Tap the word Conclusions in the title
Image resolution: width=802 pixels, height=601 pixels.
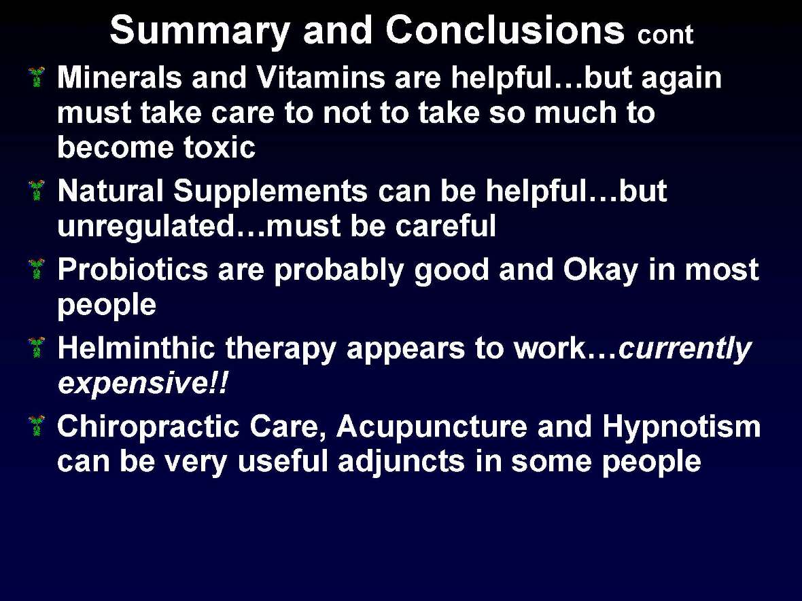tap(504, 31)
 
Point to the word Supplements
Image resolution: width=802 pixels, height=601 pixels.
tap(270, 193)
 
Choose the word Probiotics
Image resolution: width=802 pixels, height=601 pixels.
tap(133, 271)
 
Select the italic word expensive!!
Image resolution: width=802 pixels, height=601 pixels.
tap(143, 384)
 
